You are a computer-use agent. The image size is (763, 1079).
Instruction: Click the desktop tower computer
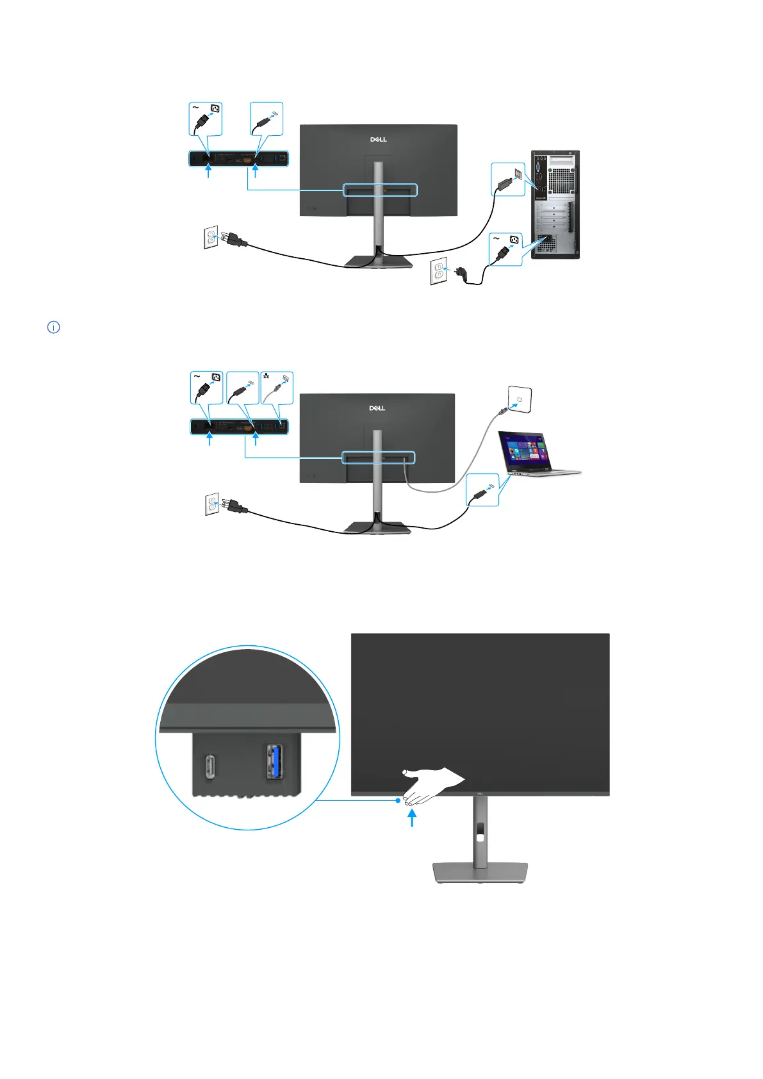[555, 204]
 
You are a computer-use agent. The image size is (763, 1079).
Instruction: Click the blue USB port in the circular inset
[275, 761]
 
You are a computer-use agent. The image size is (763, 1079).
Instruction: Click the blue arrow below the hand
[412, 818]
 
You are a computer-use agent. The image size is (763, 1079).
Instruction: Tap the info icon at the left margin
[54, 327]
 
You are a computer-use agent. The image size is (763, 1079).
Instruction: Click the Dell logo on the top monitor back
[379, 139]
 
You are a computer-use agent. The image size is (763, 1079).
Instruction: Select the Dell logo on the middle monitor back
[377, 408]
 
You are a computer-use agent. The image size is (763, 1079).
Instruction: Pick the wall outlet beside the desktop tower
[438, 271]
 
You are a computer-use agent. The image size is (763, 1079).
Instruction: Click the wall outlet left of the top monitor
[211, 238]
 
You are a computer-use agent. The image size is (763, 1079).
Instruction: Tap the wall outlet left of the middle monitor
[212, 504]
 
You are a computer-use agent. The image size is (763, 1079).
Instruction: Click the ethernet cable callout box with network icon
[277, 388]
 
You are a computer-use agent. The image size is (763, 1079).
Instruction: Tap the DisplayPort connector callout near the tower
[508, 179]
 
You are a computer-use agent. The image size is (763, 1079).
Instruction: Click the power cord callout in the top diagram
[206, 119]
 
